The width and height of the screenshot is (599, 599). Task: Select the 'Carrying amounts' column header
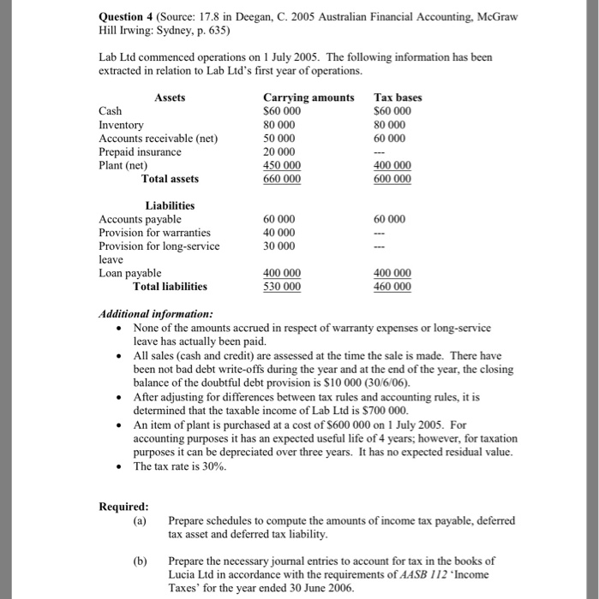[308, 98]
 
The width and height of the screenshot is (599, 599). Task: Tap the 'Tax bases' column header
[398, 98]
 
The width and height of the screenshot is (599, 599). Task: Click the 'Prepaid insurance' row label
[141, 151]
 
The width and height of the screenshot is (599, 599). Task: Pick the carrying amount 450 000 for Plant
[282, 165]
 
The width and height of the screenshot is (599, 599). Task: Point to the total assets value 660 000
[282, 179]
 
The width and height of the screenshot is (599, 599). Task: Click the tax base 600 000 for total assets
[392, 179]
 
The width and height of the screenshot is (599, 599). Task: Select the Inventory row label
[122, 125]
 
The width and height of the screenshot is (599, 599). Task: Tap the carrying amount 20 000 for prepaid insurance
[279, 151]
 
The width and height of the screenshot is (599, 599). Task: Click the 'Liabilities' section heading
[170, 205]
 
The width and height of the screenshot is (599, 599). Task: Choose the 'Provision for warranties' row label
[155, 233]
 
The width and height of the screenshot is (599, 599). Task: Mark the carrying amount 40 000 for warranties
[279, 233]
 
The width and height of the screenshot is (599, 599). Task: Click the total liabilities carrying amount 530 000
[282, 287]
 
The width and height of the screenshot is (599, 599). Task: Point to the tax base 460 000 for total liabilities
[392, 287]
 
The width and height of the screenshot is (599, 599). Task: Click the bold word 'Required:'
[123, 506]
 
